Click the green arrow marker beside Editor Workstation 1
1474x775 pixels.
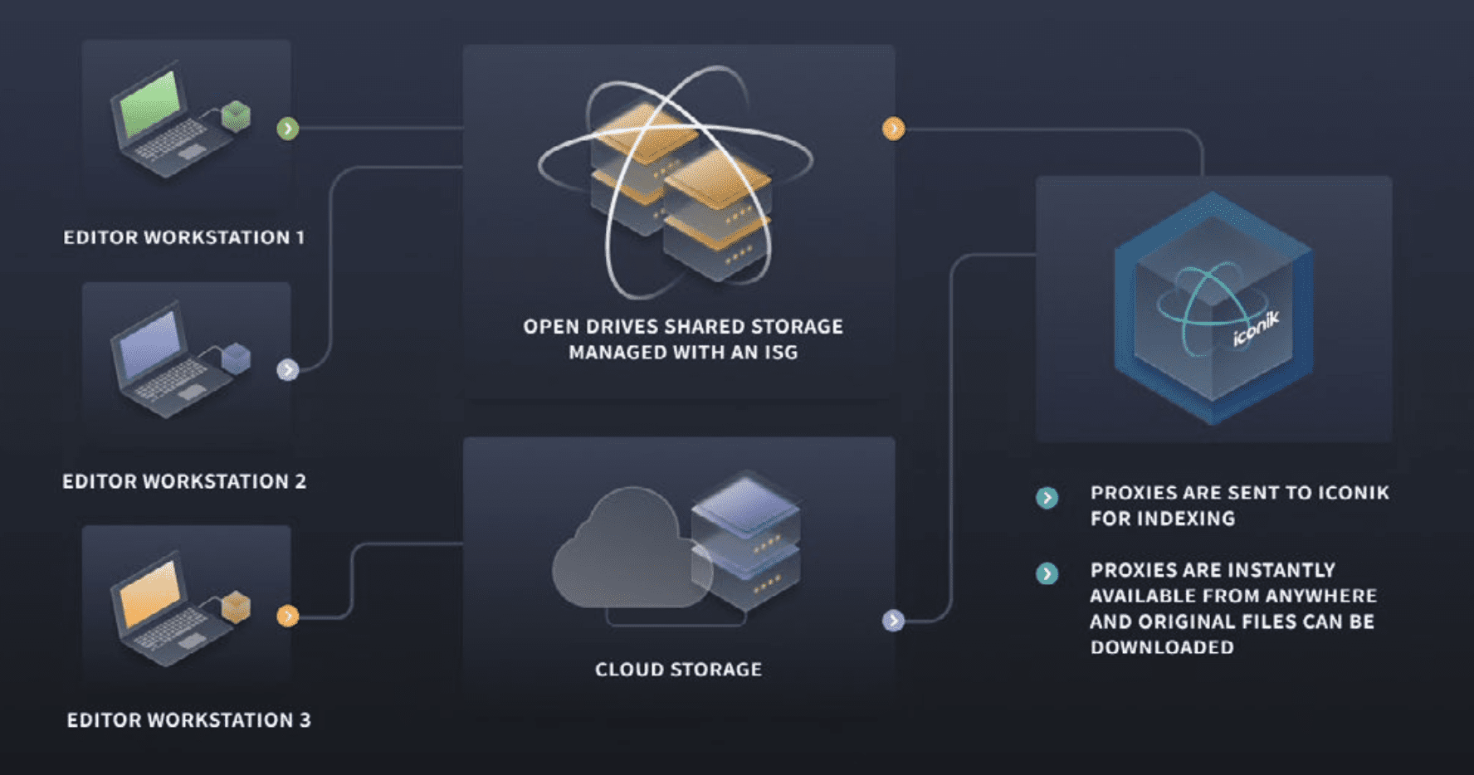pyautogui.click(x=287, y=129)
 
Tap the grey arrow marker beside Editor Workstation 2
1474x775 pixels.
pyautogui.click(x=287, y=370)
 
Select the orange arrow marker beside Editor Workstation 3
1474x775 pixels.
pyautogui.click(x=287, y=616)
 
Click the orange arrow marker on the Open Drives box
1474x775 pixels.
pyautogui.click(x=893, y=129)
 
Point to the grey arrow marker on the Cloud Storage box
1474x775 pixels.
pyautogui.click(x=893, y=620)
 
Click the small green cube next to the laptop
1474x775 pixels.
pyautogui.click(x=237, y=115)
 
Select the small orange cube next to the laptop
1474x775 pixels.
pyautogui.click(x=237, y=607)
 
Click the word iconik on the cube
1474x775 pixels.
pyautogui.click(x=1255, y=329)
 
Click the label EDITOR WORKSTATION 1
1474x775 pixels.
pyautogui.click(x=184, y=237)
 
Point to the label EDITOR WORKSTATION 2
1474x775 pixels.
pyautogui.click(x=184, y=481)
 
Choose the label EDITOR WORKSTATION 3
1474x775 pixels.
pyautogui.click(x=188, y=720)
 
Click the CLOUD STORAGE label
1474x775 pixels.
pyautogui.click(x=678, y=670)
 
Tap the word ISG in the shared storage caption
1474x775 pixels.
pyautogui.click(x=781, y=353)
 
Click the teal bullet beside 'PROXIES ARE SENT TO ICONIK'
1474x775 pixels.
pyautogui.click(x=1047, y=498)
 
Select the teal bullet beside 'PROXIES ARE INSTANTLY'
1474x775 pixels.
pyautogui.click(x=1047, y=573)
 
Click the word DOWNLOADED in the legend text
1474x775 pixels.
pyautogui.click(x=1162, y=647)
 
